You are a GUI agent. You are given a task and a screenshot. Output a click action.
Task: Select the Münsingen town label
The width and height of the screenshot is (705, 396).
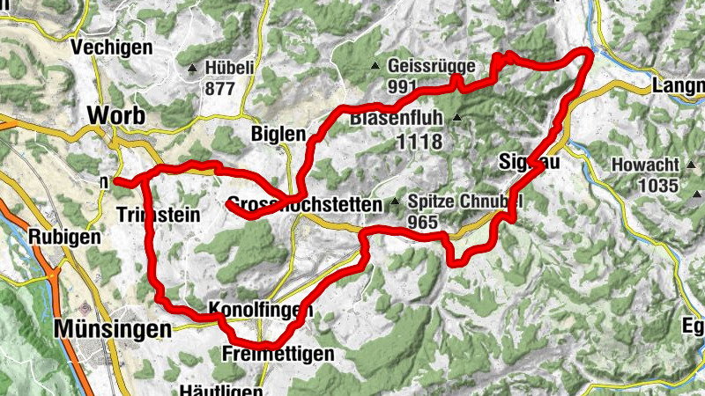coord(112,329)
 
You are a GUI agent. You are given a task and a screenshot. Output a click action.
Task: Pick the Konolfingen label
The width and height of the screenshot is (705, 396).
coord(261,309)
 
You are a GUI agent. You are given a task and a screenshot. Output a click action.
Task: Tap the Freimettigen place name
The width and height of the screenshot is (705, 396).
coord(278,354)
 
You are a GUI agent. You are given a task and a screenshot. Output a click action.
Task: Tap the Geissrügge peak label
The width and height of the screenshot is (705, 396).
coord(432,66)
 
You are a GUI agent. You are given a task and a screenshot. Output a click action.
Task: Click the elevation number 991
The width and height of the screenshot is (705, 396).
coord(401,86)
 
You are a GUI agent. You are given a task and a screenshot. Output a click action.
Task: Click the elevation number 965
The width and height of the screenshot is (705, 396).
coord(423,222)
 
